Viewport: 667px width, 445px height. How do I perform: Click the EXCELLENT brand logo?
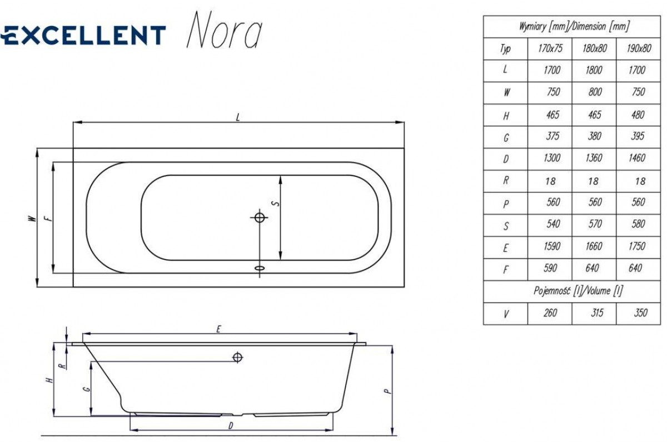(x=83, y=35)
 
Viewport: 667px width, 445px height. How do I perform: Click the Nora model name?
(x=225, y=30)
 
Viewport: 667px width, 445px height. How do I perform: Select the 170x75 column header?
(x=550, y=48)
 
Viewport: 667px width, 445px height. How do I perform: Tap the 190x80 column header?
(x=639, y=48)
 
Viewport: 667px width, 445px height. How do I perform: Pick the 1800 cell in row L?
(x=594, y=70)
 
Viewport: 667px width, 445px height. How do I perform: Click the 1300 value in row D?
(x=552, y=158)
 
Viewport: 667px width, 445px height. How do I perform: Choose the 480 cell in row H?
(x=638, y=115)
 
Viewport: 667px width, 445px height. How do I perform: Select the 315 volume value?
(x=597, y=313)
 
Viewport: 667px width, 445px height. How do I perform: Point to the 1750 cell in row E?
(x=637, y=246)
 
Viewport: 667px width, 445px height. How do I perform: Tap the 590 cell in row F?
(x=550, y=268)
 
